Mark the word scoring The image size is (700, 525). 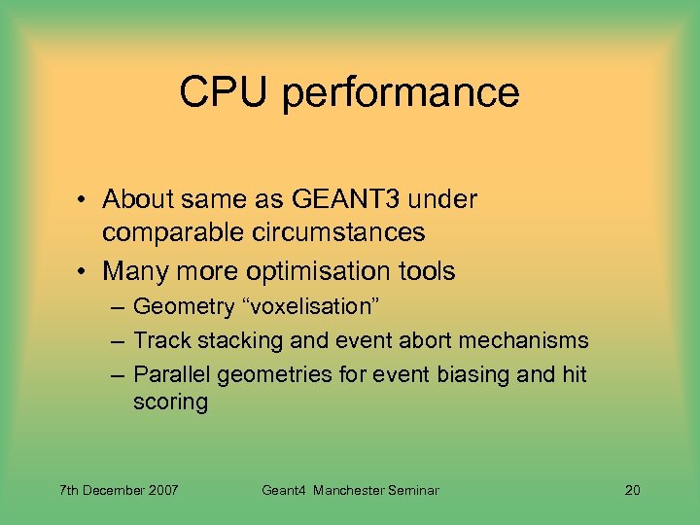[170, 402]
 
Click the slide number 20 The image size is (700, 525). [632, 490]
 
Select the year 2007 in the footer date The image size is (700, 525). [162, 490]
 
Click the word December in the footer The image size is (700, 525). [114, 490]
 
